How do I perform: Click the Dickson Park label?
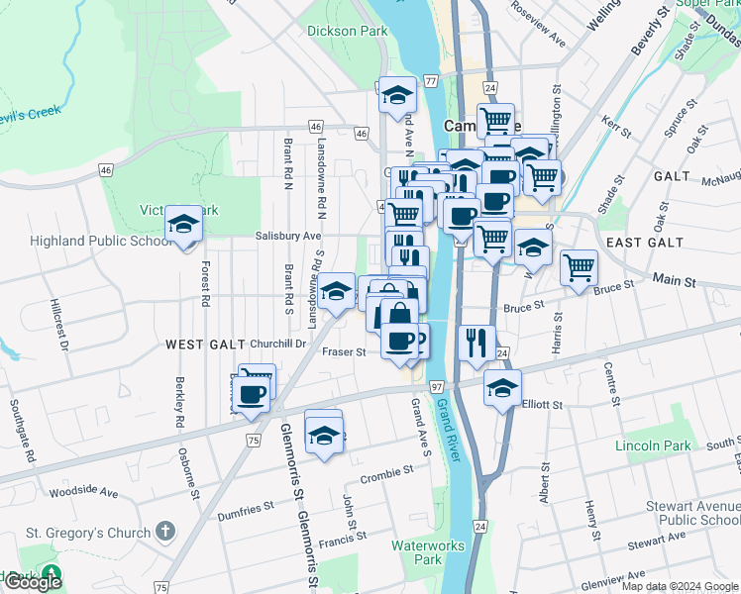click(347, 31)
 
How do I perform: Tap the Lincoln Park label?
click(653, 445)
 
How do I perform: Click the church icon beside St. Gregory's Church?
click(165, 533)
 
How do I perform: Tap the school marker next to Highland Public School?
click(183, 226)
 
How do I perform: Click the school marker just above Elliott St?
click(502, 388)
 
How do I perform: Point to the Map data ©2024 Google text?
click(680, 586)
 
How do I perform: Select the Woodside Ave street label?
click(83, 492)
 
